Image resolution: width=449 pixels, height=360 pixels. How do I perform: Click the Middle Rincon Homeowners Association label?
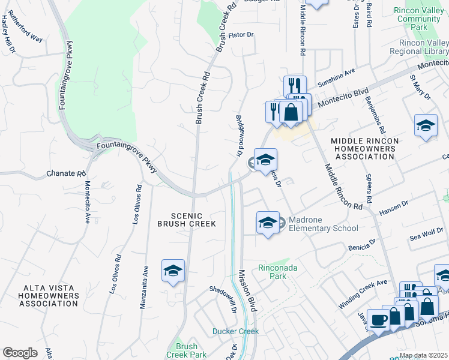364,148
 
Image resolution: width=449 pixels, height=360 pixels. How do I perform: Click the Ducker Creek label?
235,331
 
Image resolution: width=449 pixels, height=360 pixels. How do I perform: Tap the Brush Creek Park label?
187,350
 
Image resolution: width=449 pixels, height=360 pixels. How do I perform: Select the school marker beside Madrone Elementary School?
268,223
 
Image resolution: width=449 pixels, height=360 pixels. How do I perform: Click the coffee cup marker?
378,320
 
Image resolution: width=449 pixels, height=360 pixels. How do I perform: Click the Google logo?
20,353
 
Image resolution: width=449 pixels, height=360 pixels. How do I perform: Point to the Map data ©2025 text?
423,355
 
